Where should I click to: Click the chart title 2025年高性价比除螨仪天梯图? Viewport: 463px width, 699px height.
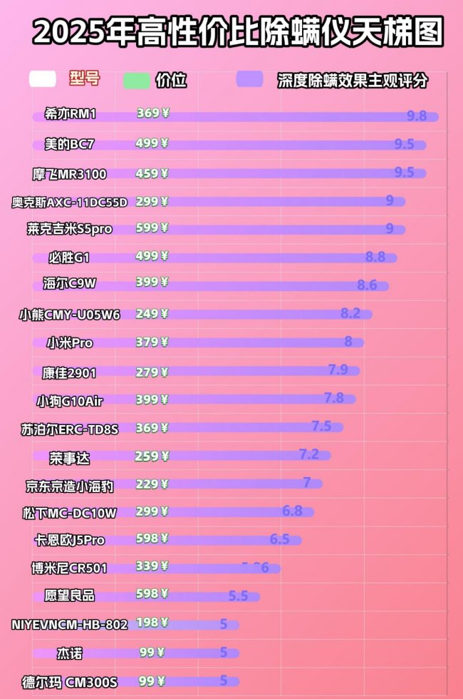click(x=238, y=33)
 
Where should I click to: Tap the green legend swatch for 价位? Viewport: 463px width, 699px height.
click(x=136, y=80)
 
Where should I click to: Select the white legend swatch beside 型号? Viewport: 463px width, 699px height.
click(x=43, y=79)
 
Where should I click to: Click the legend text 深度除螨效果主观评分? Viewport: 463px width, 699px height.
click(x=353, y=81)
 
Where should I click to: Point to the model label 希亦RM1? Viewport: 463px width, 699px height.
click(x=69, y=114)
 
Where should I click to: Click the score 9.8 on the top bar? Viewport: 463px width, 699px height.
click(x=416, y=116)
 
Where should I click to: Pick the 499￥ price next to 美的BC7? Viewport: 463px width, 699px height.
click(x=152, y=143)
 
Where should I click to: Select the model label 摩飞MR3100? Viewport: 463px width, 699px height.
click(x=69, y=173)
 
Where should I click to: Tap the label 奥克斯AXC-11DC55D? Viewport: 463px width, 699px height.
click(x=69, y=202)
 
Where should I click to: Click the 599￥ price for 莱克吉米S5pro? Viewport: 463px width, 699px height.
click(x=152, y=228)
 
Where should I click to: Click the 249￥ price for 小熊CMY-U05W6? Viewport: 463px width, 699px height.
click(x=152, y=314)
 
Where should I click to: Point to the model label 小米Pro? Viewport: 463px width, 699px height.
click(x=70, y=343)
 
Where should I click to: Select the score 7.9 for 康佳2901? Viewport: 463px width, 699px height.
click(x=338, y=369)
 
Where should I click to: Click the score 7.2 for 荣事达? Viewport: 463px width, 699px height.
click(x=308, y=454)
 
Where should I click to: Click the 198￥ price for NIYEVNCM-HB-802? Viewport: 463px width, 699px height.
click(x=152, y=623)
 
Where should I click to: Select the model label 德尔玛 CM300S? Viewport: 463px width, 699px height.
click(x=69, y=683)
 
